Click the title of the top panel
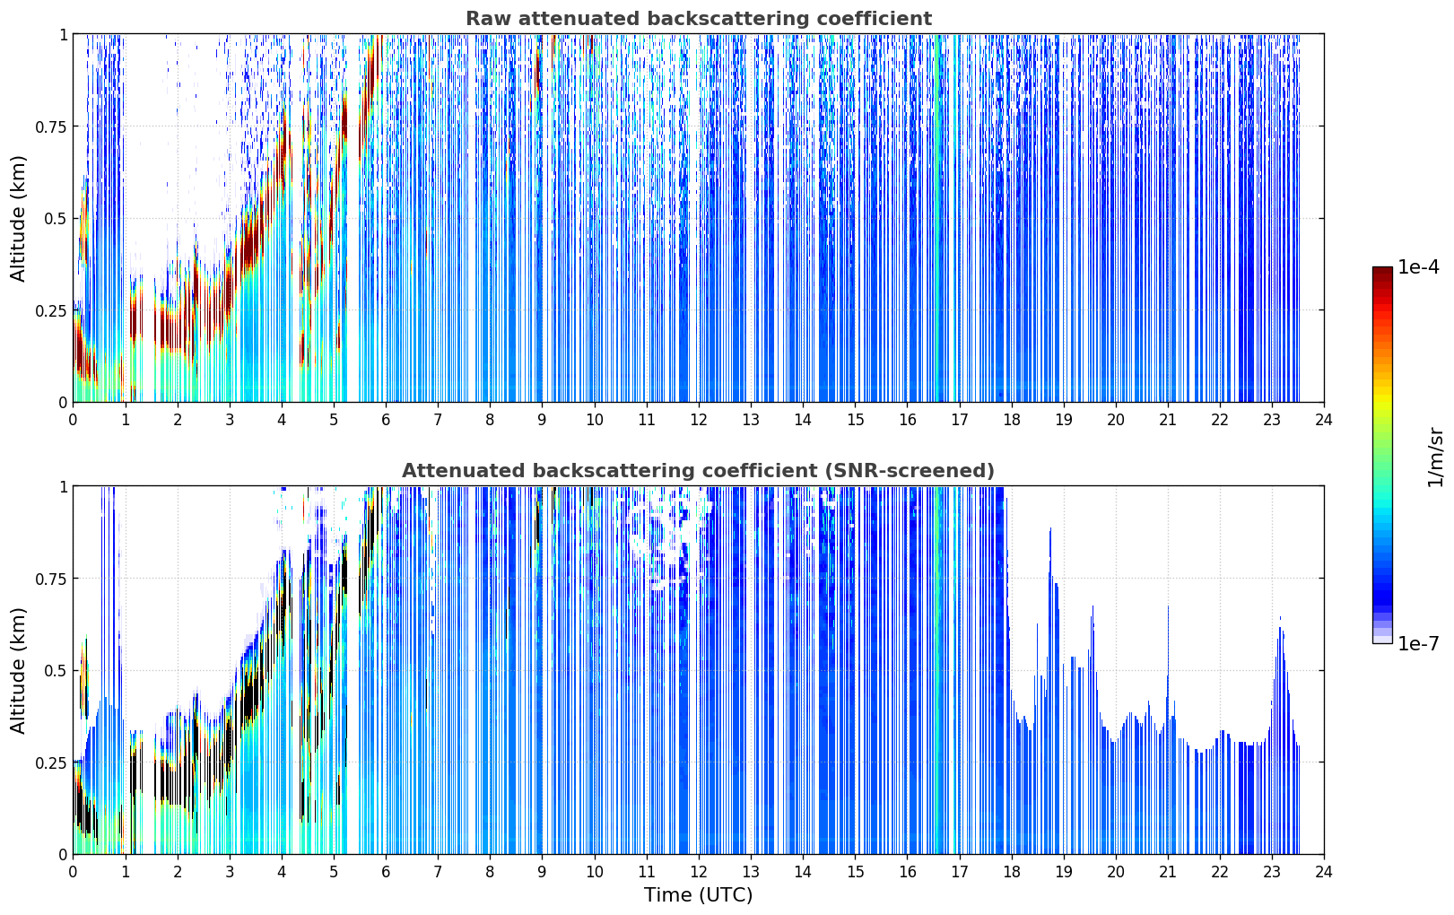point(699,18)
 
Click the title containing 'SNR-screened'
point(699,470)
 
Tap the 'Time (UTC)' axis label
point(699,895)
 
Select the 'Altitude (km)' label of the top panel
point(18,218)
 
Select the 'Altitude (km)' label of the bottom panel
point(18,670)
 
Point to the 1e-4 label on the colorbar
point(1418,266)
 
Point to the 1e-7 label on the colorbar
point(1418,644)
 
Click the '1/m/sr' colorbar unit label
point(1435,457)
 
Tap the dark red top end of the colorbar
point(1382,271)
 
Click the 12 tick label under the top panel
point(699,420)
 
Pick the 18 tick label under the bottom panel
point(1011,872)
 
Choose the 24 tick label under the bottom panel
point(1324,872)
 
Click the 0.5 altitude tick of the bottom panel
point(56,671)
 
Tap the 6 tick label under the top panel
point(386,420)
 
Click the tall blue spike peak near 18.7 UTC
point(1050,529)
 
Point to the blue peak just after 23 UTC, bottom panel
point(1280,618)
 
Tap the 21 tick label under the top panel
point(1168,420)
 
